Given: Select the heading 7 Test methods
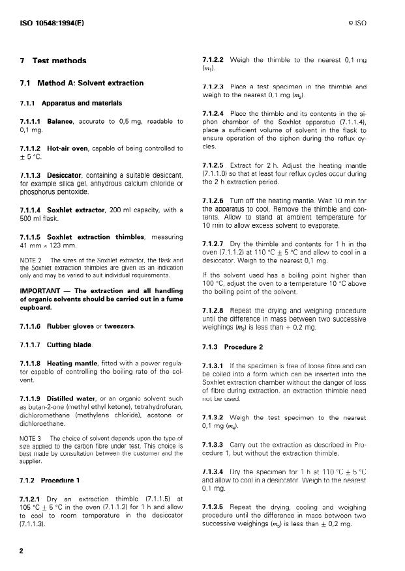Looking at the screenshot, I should pos(53,61).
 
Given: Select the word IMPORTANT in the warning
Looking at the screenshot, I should pos(40,290).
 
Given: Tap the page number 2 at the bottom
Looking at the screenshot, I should pos(22,551).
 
